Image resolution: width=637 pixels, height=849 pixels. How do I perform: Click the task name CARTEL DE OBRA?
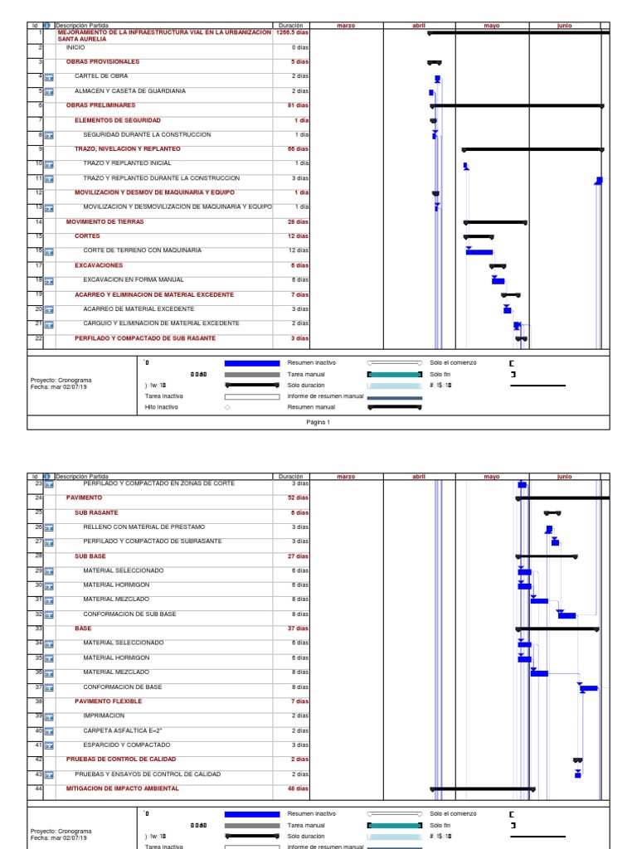coord(103,76)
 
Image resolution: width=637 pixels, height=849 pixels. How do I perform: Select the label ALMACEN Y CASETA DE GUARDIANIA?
coord(130,91)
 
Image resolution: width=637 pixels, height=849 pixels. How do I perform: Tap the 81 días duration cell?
coord(298,105)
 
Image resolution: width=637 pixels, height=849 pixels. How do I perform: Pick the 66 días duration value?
coord(298,149)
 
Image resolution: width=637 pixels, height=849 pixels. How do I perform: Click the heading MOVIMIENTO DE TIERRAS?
coord(105,222)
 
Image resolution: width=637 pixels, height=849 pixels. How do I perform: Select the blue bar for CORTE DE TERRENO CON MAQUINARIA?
coord(479,251)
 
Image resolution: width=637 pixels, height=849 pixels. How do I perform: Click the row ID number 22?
coord(39,338)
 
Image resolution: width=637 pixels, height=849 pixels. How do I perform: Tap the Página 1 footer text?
coord(318,422)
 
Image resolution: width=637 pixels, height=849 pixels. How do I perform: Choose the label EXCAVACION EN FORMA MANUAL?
coord(134,280)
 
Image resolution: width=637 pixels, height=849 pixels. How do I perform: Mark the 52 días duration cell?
coord(298,498)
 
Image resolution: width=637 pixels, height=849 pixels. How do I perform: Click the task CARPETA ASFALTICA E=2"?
coord(123,730)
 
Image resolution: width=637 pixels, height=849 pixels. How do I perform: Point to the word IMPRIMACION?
coord(104,716)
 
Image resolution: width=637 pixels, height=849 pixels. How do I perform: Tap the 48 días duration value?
coord(298,788)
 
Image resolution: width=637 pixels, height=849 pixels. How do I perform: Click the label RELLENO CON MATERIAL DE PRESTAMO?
coord(144,527)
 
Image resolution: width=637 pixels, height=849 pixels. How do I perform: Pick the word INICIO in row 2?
coord(75,48)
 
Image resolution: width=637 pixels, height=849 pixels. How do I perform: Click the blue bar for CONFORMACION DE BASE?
coord(589,688)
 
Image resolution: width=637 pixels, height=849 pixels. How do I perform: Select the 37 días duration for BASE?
coord(298,628)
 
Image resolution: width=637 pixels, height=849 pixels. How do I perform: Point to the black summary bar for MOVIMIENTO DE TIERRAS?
coord(495,222)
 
